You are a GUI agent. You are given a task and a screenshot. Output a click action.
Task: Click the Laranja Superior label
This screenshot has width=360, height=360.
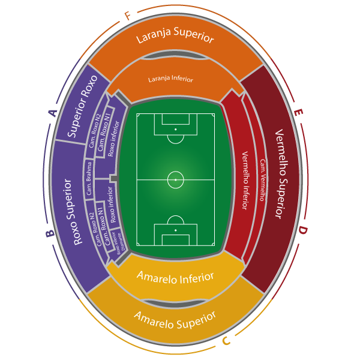pos(175,37)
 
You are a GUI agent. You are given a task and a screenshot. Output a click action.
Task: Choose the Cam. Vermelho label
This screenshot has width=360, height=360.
pos(262,179)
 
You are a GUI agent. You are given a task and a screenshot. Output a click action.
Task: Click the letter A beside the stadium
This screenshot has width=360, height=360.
pos(52,112)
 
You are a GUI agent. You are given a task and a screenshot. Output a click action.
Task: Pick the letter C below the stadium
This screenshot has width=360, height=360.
pos(226,341)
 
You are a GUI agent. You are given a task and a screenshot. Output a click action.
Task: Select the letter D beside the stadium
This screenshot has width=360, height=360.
pos(303,230)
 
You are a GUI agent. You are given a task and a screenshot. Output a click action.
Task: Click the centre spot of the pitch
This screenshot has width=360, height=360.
pos(175,179)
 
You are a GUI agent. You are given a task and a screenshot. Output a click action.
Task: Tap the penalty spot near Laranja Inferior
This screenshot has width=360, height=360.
pos(175,129)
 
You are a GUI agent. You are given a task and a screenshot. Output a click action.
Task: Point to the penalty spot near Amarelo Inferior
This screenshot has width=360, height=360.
pos(175,230)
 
